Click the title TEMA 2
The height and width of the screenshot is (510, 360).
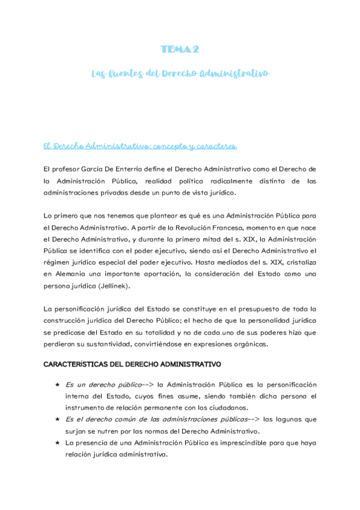click(180, 49)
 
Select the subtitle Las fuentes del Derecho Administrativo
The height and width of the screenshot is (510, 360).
click(180, 73)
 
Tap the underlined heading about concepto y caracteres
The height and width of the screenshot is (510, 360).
click(140, 146)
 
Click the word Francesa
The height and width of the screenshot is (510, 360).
click(220, 227)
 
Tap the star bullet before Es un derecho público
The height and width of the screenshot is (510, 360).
click(56, 384)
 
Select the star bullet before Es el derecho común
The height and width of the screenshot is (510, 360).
click(56, 419)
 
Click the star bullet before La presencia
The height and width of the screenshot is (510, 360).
click(56, 442)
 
